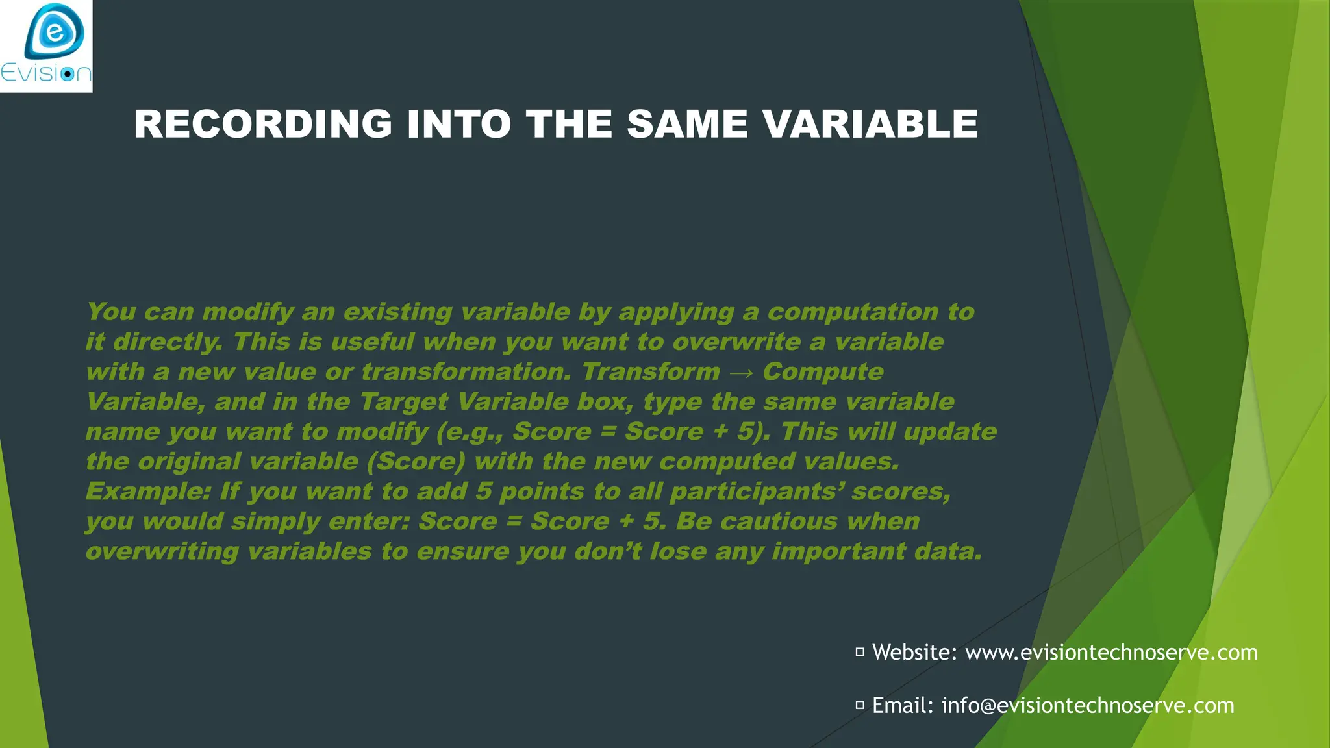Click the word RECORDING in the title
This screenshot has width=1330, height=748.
coord(263,124)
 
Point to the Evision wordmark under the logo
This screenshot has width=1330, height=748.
coord(46,73)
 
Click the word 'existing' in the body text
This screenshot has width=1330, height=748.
coord(397,312)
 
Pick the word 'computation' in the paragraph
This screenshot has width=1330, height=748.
coord(853,312)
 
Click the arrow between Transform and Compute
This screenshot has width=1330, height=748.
coord(741,373)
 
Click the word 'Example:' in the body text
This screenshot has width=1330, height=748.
coord(148,492)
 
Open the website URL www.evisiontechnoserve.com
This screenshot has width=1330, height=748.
coord(1111,652)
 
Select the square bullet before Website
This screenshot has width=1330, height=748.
coord(860,652)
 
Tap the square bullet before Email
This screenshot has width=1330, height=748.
coord(860,704)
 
